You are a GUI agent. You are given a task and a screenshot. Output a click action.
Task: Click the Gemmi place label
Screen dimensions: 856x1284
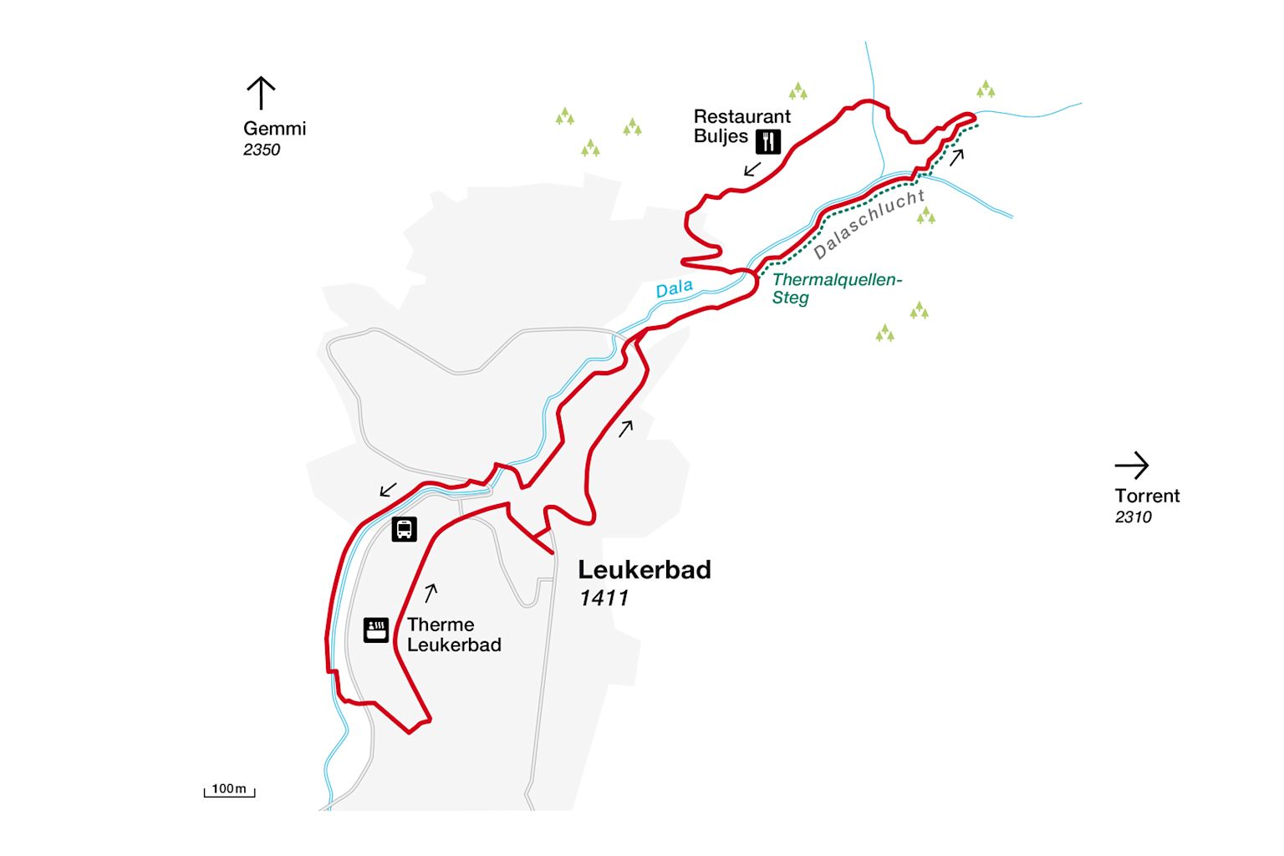[x=274, y=129]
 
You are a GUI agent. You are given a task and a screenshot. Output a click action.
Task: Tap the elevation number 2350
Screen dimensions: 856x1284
[x=262, y=150]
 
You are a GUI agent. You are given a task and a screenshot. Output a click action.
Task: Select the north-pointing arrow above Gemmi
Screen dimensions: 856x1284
[x=261, y=93]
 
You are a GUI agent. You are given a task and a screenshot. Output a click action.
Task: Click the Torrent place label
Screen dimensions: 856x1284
[x=1147, y=496]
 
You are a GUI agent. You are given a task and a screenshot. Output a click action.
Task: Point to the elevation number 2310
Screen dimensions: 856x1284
[x=1133, y=517]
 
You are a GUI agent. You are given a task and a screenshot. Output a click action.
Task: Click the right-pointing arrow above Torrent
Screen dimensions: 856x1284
[x=1132, y=466]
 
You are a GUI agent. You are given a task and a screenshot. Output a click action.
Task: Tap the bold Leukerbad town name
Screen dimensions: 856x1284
[x=645, y=570]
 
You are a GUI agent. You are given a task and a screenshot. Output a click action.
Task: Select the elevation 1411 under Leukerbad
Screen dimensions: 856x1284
[x=604, y=598]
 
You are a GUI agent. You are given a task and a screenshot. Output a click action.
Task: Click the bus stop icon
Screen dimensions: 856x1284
[x=404, y=529]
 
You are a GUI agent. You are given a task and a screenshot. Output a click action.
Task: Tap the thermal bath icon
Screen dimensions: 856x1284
[x=376, y=629]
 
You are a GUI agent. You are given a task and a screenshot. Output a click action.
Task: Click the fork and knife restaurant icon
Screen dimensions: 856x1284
[x=768, y=141]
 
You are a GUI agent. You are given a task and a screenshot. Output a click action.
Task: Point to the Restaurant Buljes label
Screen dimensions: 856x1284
[x=741, y=126]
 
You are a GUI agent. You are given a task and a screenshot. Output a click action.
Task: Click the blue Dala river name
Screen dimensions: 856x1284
[x=674, y=289]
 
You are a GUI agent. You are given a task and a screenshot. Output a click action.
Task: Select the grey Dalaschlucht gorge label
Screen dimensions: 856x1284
[x=869, y=224]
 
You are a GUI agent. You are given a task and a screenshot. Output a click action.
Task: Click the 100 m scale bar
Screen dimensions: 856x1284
[x=229, y=790]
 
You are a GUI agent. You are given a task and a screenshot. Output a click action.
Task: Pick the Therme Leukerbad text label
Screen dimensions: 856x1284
[x=453, y=634]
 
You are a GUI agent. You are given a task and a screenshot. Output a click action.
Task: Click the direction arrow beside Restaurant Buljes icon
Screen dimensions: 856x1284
[x=752, y=169]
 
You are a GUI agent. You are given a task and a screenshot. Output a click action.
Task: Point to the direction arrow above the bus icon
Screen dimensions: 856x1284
[x=388, y=489]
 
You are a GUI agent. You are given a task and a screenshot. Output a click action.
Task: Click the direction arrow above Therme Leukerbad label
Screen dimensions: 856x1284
[x=431, y=593]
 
